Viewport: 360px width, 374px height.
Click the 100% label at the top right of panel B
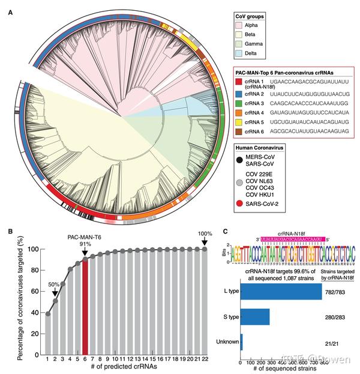205,234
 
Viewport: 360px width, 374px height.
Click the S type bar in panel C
255,316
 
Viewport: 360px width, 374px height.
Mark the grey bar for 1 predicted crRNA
48,333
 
